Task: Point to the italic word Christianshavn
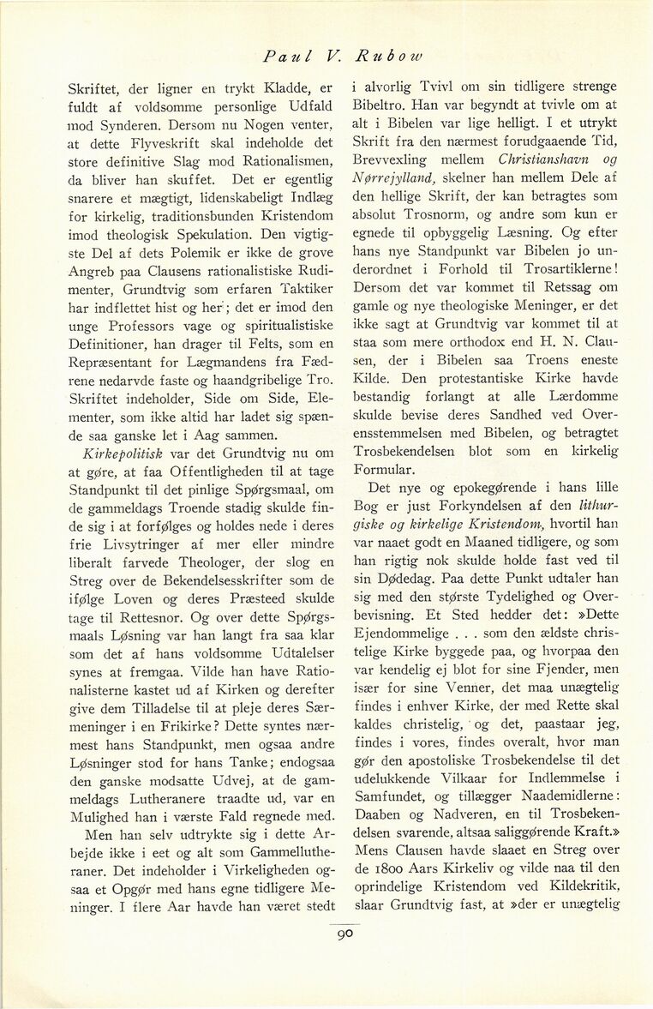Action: coord(541,159)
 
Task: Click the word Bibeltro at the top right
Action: coord(380,105)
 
